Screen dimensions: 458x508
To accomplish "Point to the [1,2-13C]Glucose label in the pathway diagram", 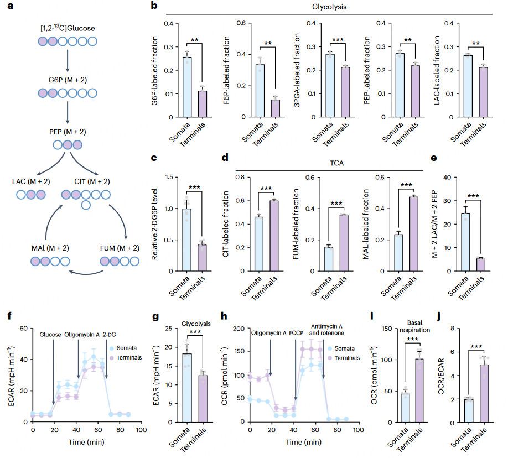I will [x=68, y=28].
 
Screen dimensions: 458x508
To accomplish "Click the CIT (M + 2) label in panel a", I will [x=92, y=181].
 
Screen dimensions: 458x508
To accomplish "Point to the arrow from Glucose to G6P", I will [x=67, y=60].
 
